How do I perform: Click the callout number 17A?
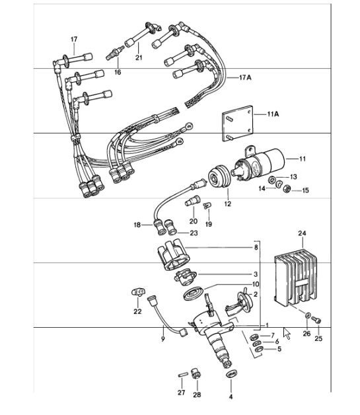(246, 77)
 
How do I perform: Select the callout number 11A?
(273, 114)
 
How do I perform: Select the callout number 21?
(139, 58)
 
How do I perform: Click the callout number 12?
(227, 204)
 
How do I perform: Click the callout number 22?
(137, 311)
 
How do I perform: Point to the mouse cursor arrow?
(287, 332)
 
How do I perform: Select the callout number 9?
(162, 339)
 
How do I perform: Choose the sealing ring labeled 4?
(231, 376)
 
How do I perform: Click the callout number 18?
(137, 225)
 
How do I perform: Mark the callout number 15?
(305, 190)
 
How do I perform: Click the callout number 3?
(255, 274)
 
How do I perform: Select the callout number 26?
(306, 334)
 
